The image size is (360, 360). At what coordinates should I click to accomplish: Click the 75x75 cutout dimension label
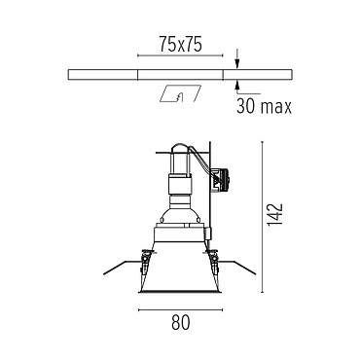pos(180,44)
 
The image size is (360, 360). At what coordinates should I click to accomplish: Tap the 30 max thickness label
pos(264,106)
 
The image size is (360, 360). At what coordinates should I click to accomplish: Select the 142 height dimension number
pos(274,215)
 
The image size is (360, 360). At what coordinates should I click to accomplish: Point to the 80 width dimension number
pos(180,322)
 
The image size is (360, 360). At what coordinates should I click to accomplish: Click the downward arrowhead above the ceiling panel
pos(237,64)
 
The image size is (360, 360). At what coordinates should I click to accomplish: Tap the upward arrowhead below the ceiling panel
pos(237,85)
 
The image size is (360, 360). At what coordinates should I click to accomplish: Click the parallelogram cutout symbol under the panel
pos(181,93)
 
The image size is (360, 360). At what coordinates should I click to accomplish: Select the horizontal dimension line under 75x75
pos(180,55)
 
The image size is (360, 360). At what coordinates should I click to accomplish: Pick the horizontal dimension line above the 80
pos(180,310)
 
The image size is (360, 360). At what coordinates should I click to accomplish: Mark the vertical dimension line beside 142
pos(262,217)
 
